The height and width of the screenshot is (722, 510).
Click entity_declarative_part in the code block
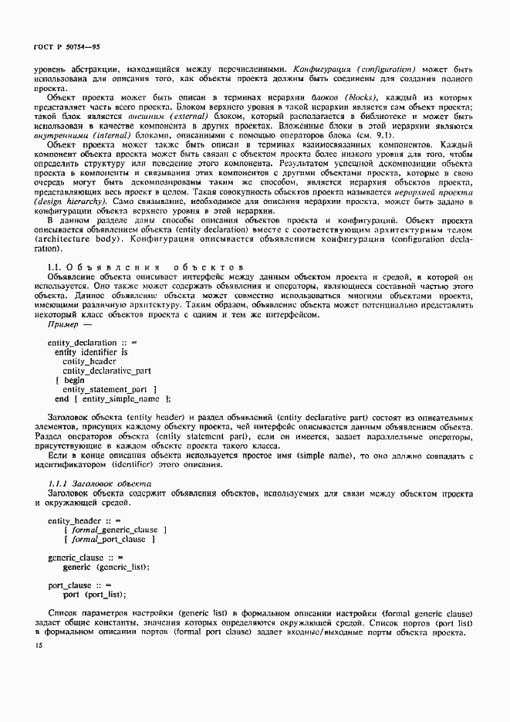tap(106, 370)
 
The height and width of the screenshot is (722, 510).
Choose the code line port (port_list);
tap(95, 595)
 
